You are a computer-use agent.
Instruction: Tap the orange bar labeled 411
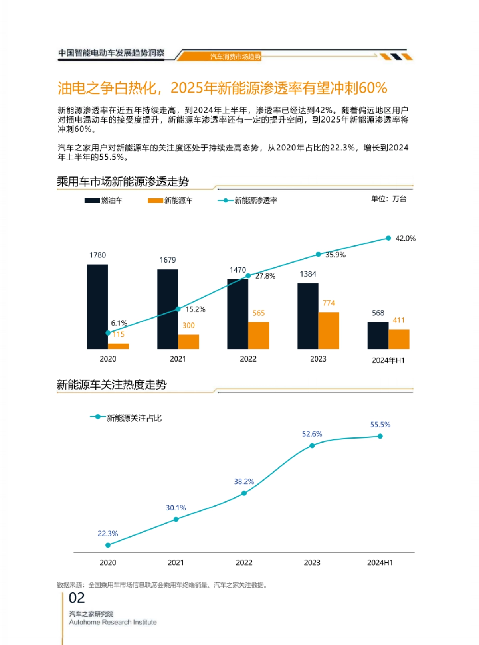[398, 339]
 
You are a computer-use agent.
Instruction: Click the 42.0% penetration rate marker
[388, 238]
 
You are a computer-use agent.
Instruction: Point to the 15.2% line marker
[178, 309]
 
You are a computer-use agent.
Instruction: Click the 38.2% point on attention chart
[244, 493]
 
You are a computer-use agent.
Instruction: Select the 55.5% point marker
[380, 436]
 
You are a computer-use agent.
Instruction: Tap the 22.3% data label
[108, 534]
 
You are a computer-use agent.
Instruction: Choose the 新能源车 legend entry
[170, 200]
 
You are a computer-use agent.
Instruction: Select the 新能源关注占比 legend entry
[127, 418]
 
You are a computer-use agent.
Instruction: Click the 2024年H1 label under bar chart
[388, 360]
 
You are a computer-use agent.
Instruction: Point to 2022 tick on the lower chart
[244, 562]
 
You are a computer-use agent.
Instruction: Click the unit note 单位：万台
[388, 199]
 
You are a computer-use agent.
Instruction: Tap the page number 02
[77, 598]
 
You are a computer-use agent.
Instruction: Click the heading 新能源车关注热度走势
[112, 385]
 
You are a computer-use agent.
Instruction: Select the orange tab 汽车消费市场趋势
[235, 57]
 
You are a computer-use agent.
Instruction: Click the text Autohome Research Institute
[113, 622]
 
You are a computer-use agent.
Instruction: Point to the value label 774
[329, 303]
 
